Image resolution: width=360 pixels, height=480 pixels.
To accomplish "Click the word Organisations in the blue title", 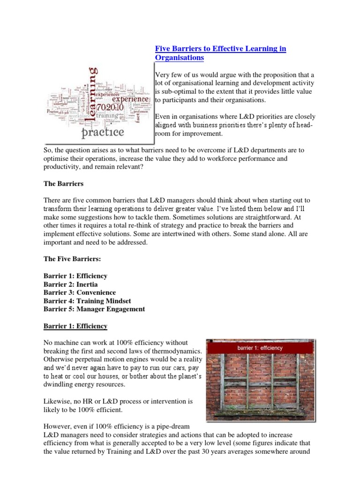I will click(x=180, y=58).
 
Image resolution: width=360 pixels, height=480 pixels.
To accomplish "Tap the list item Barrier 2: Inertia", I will click(x=71, y=284).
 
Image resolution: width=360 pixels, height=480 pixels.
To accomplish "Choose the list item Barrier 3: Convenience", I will click(x=80, y=292).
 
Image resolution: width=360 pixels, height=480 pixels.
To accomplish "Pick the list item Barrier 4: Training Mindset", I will click(x=87, y=301).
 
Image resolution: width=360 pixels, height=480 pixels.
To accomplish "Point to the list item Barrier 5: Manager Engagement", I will click(x=94, y=309).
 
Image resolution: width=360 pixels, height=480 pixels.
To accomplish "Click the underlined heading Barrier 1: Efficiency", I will click(x=75, y=326).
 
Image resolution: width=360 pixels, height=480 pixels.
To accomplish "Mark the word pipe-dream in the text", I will click(x=173, y=426).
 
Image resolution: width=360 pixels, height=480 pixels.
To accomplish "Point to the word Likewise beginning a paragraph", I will click(x=58, y=402).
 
